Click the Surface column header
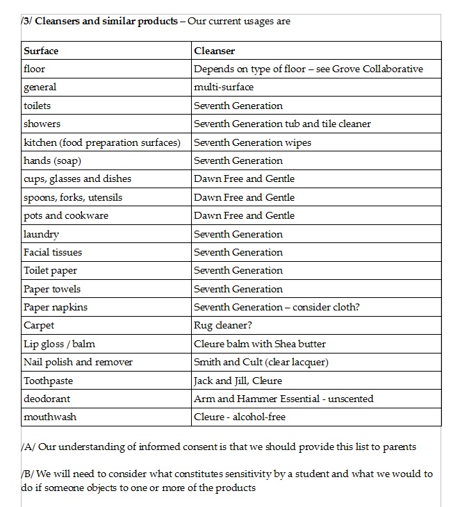coord(41,51)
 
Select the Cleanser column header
coord(215,51)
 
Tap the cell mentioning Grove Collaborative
coord(309,69)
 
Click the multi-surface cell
coord(224,88)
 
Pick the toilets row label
coord(38,106)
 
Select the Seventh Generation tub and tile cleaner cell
coord(282,124)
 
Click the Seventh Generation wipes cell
coord(252,142)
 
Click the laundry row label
coord(42,234)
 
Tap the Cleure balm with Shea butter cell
coord(260,344)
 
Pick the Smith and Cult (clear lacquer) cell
coord(261,362)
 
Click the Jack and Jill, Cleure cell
coord(238,381)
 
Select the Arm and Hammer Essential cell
coord(284,399)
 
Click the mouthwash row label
coord(50,417)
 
